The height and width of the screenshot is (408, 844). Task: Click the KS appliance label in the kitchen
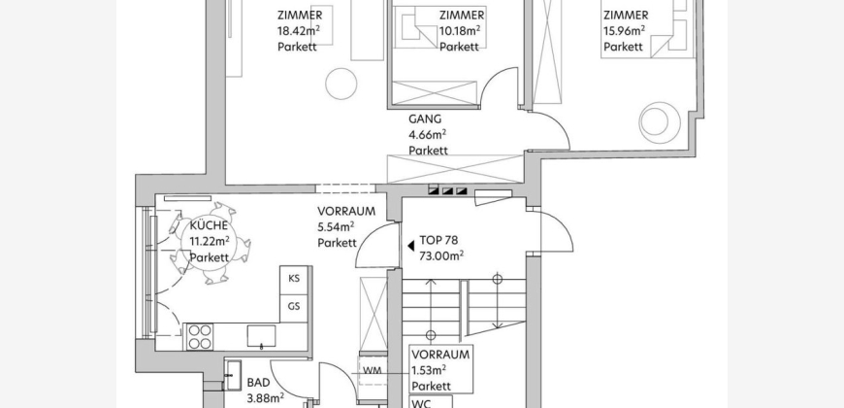(x=294, y=279)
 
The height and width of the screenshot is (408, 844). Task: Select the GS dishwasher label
(x=294, y=307)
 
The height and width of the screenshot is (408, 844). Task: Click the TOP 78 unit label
(x=438, y=240)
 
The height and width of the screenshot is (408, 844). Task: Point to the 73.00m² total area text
(x=441, y=255)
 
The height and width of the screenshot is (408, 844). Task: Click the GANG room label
(x=425, y=119)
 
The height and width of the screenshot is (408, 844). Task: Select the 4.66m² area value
(x=428, y=134)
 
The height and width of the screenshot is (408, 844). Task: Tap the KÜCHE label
(x=209, y=225)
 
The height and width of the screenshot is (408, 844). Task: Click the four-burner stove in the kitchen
(x=200, y=337)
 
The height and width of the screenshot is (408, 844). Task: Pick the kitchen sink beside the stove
(x=262, y=336)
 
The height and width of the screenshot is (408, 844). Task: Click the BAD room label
(x=258, y=383)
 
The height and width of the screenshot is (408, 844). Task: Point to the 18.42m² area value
(x=299, y=31)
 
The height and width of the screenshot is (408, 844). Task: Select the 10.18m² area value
(x=460, y=31)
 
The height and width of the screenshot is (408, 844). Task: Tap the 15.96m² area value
(x=625, y=31)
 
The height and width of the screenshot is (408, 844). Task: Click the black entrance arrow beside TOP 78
(x=410, y=246)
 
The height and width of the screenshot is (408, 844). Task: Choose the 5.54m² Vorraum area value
(x=336, y=227)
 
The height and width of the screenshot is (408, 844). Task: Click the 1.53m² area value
(x=429, y=370)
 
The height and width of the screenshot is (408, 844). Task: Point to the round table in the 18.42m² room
(x=341, y=84)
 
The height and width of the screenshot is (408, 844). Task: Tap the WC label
(x=423, y=403)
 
